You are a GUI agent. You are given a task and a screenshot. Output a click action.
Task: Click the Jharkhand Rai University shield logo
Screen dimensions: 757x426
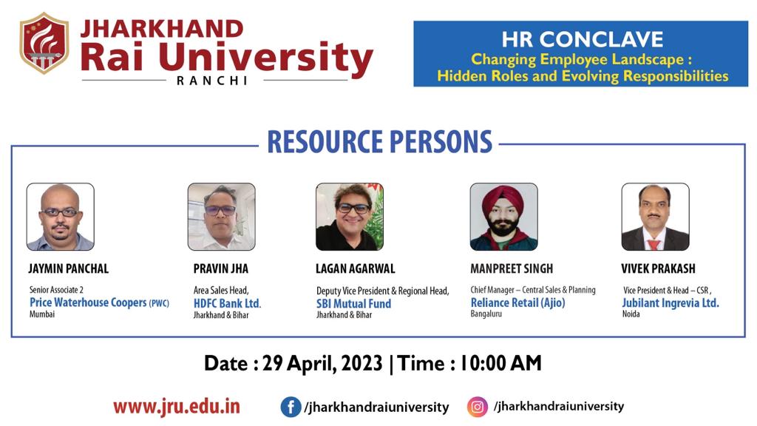44,43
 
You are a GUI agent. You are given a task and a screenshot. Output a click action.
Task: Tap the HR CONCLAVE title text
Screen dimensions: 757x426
582,39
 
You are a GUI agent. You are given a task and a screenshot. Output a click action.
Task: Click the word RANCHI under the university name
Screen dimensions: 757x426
212,81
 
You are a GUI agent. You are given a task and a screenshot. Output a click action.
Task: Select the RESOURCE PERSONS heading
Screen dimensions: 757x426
379,142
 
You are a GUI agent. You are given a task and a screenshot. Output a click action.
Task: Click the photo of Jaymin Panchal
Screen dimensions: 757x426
61,217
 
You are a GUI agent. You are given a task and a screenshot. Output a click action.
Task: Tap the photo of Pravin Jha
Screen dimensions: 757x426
222,217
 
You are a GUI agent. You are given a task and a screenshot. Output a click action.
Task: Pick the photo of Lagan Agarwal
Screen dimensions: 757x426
350,217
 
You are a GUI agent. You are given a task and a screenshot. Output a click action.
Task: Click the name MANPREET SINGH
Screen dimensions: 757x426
512,268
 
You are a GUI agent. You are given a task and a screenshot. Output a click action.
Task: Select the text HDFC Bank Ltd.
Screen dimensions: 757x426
227,303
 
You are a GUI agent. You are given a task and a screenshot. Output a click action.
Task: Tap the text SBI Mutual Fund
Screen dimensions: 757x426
353,304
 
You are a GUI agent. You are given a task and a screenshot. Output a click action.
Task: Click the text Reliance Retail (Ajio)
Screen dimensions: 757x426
517,302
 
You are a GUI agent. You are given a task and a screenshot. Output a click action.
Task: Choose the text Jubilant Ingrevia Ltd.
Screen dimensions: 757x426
670,302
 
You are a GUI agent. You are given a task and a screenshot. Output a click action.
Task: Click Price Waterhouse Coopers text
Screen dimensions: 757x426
88,302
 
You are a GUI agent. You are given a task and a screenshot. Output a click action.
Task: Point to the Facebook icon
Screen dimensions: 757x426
291,407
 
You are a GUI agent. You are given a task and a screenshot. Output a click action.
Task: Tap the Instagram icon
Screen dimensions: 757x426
477,407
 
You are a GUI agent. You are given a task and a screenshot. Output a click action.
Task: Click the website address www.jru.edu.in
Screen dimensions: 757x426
177,407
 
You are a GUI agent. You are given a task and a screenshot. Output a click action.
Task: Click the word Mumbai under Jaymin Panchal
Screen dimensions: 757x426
42,314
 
